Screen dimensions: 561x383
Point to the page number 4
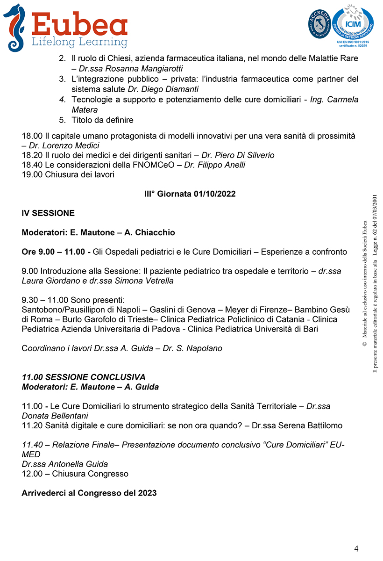pos(356,548)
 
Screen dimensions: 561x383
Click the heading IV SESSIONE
pos(48,213)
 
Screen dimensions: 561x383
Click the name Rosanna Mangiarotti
pos(132,68)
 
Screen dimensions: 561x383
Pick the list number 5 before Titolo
pos(62,120)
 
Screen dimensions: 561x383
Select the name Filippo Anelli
pos(220,165)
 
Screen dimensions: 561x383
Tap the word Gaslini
pos(163,309)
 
